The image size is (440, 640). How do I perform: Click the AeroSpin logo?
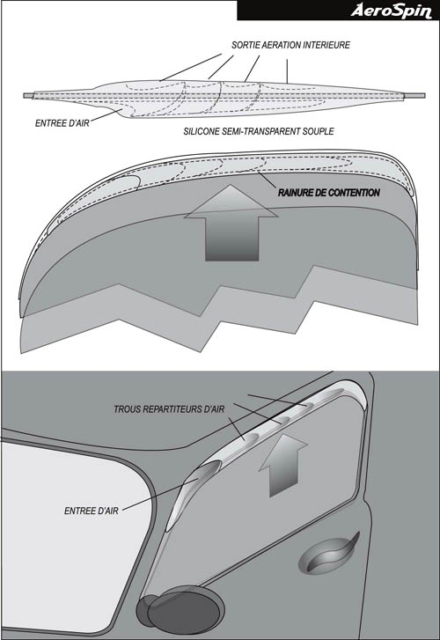point(391,11)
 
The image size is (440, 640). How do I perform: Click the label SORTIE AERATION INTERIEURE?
point(290,45)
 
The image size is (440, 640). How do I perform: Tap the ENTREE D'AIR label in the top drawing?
point(62,123)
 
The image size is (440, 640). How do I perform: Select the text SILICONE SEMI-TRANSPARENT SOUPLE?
point(259,131)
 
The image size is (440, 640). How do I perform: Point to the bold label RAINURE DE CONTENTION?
point(329,193)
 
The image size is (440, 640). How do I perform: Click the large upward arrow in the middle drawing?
point(231,223)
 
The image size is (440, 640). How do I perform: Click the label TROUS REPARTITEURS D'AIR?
point(169,409)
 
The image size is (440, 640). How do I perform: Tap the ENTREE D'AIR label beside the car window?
point(92,511)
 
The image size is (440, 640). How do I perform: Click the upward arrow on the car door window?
point(283,466)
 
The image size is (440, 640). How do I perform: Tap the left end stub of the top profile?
point(28,96)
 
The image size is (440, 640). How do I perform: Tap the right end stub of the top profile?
point(414,95)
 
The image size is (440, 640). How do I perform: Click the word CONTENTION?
point(355,193)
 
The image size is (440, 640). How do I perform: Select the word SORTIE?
point(244,45)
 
